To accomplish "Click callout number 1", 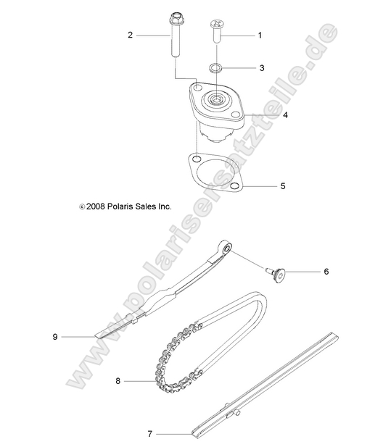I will pos(260,35).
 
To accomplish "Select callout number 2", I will pos(130,35).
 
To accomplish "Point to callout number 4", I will pos(265,115).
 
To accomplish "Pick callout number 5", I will pos(263,185).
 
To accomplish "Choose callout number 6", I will pos(326,272).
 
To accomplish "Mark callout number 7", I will pos(150,434).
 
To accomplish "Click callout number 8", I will pos(117,380).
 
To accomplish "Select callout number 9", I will pos(54,336).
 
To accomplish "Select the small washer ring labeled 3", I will pos(215,68).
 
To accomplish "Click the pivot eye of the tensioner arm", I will pos(227,251).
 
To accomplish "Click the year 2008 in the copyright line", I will pos(96,206).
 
